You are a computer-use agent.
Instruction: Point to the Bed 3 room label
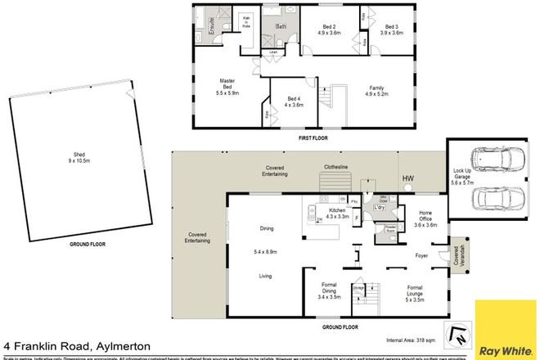391,31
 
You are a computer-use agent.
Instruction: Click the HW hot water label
407,178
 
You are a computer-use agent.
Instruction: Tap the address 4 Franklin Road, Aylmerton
71,344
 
